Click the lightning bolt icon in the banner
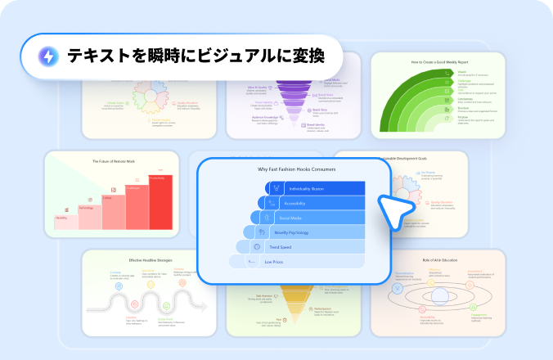click(49, 56)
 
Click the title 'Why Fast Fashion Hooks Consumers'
click(296, 169)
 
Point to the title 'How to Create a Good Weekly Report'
click(439, 61)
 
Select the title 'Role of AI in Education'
click(440, 260)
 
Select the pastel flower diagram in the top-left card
click(151, 102)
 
